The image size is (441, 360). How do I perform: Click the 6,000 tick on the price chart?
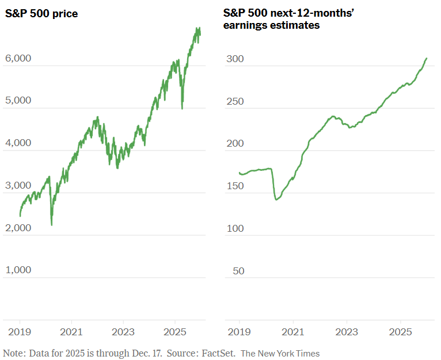[18, 59]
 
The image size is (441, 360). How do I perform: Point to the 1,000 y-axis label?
[18, 270]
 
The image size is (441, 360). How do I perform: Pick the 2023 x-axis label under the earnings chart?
[347, 332]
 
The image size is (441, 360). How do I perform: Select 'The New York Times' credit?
[280, 353]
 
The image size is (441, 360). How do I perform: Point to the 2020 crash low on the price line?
[52, 225]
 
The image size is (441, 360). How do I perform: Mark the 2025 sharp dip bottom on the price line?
[183, 108]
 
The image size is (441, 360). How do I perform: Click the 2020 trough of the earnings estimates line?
[277, 200]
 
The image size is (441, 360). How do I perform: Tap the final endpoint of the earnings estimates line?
[427, 58]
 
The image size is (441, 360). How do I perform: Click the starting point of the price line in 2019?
[20, 216]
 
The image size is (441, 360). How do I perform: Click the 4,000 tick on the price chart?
[18, 143]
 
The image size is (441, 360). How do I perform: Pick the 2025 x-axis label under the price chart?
[174, 332]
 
